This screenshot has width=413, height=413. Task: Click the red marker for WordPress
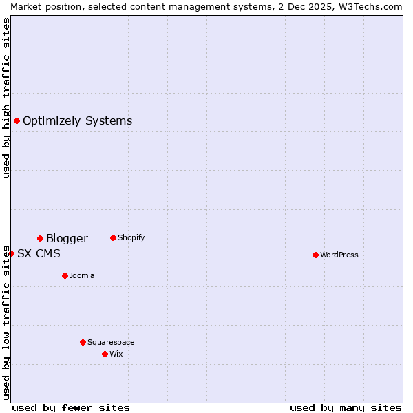tap(315, 255)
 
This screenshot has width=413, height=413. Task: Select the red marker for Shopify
tap(113, 237)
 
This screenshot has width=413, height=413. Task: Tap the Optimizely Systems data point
tap(17, 121)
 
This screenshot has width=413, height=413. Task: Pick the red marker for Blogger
tap(40, 238)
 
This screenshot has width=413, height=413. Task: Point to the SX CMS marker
tap(11, 253)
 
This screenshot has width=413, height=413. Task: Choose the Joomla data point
tap(65, 275)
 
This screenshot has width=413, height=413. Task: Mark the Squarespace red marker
tap(83, 342)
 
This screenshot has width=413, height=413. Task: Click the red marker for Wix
tap(105, 354)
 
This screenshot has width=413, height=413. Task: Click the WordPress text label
tap(339, 255)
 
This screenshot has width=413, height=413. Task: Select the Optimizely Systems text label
tap(77, 121)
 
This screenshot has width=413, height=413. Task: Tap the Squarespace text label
tap(111, 342)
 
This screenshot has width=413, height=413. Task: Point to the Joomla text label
tap(82, 275)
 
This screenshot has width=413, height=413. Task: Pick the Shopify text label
tap(131, 237)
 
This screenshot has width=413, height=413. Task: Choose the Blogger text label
tap(67, 238)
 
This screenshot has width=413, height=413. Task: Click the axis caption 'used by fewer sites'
tap(71, 407)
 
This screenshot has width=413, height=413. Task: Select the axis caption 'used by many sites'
tap(346, 407)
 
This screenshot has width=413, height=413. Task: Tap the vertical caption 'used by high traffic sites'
tap(6, 98)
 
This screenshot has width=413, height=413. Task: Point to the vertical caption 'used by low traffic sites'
tap(6, 321)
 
